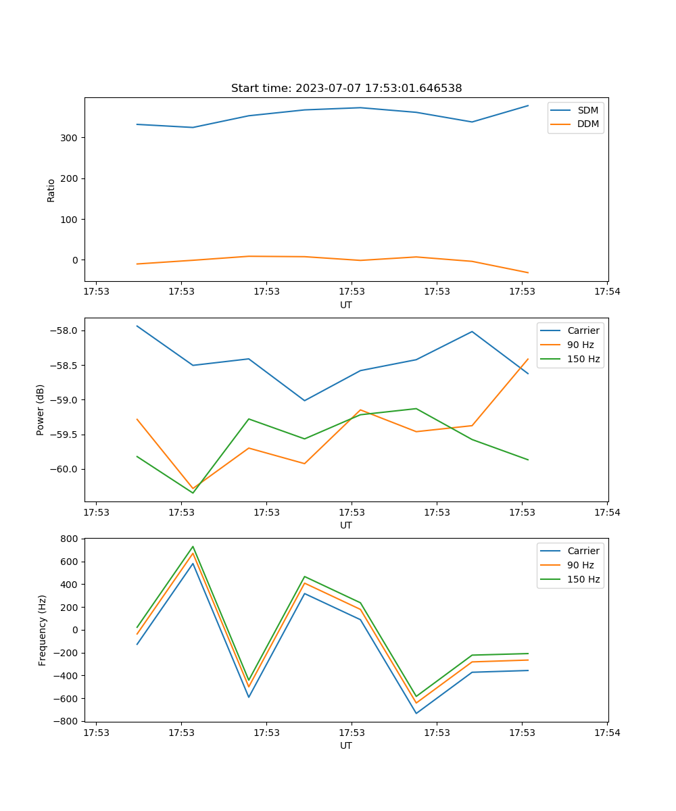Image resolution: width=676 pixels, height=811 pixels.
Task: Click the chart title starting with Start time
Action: (346, 89)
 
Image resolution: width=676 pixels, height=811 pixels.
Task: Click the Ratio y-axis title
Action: (51, 190)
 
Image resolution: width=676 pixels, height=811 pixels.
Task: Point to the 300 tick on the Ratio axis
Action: (70, 138)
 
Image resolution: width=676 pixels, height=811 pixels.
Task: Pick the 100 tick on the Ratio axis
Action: (70, 220)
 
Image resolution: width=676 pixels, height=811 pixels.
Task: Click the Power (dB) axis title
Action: (41, 410)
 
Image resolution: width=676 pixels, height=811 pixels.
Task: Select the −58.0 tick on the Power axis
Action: (65, 330)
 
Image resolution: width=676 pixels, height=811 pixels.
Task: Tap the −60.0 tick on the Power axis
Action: (65, 469)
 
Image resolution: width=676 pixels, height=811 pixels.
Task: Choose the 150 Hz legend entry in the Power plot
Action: (583, 359)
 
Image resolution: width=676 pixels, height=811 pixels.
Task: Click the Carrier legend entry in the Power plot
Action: (583, 330)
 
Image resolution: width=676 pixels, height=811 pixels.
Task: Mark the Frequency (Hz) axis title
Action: (43, 630)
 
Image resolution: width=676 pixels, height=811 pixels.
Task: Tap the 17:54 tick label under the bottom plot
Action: (607, 733)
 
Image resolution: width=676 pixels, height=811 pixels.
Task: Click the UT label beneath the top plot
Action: (346, 305)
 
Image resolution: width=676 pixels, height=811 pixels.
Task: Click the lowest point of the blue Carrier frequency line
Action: (416, 713)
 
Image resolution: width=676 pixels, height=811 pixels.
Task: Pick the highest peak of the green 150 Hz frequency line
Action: (193, 547)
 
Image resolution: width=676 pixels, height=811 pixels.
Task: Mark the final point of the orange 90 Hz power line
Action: (528, 359)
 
